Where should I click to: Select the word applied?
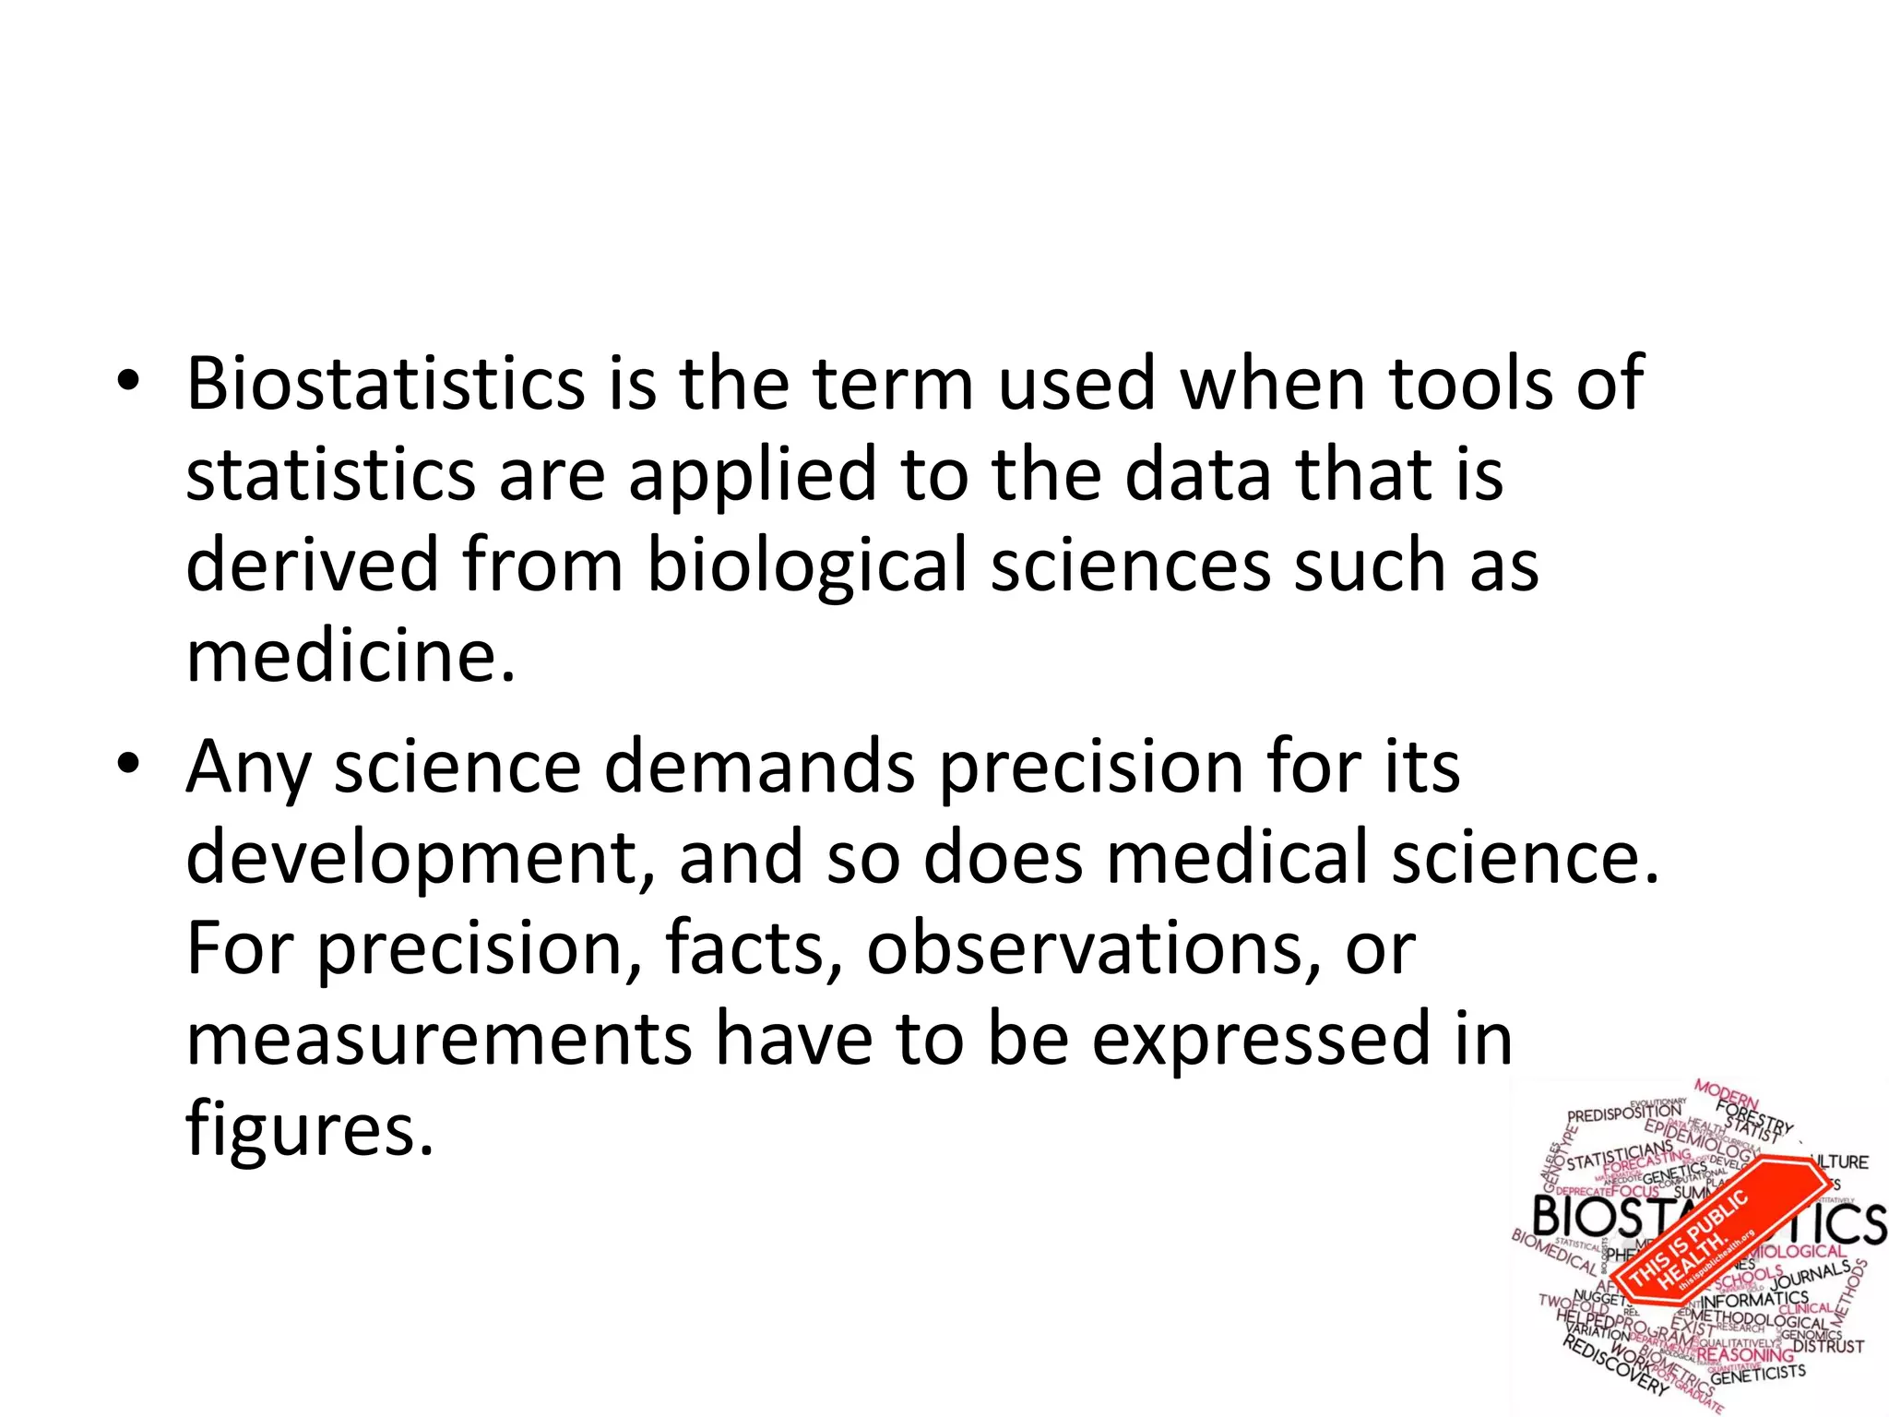(752, 475)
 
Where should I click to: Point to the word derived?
(312, 565)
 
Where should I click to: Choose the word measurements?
(438, 1039)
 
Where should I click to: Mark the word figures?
(309, 1131)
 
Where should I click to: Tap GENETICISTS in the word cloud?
(1757, 1374)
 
